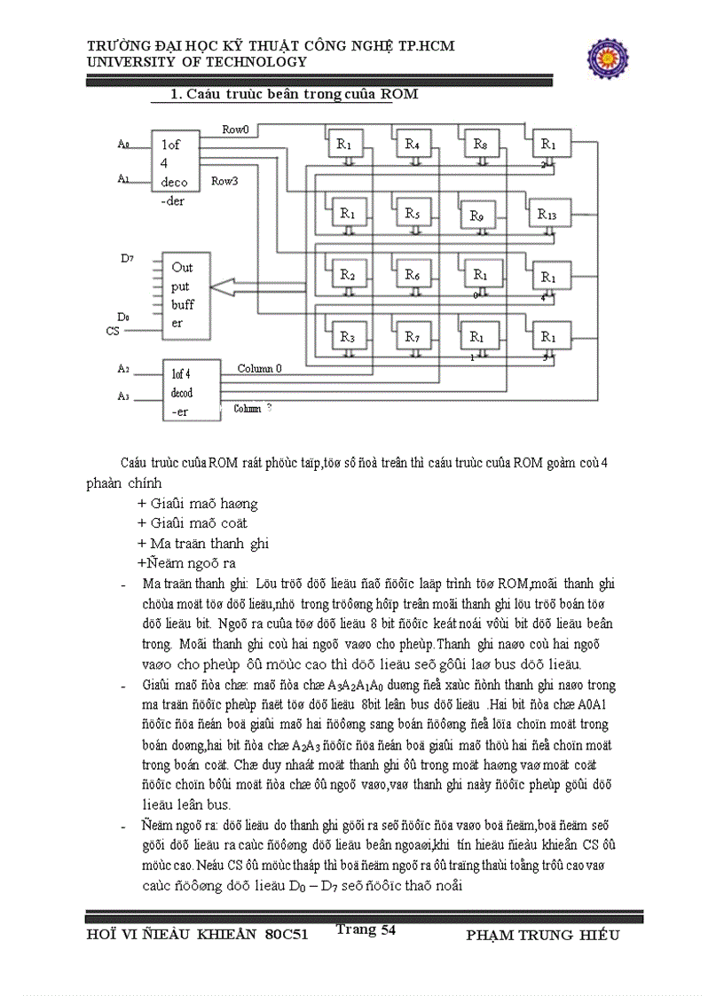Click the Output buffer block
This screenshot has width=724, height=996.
coord(184,294)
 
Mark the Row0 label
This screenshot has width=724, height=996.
coord(235,130)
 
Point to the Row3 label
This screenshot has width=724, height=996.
coord(224,181)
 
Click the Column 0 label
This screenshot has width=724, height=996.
coord(260,368)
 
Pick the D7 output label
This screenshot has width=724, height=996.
coord(126,258)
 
